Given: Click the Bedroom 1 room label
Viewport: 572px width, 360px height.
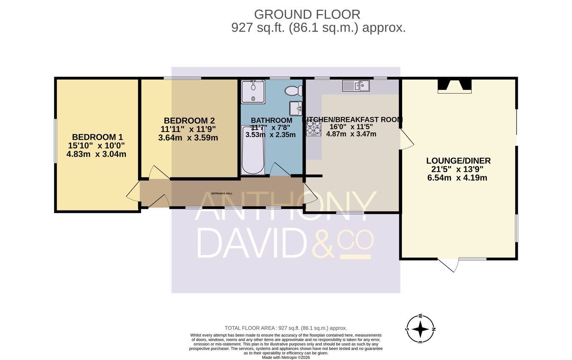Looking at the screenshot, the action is tap(97, 137).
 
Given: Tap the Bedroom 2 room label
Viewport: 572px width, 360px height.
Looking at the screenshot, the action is tap(189, 121).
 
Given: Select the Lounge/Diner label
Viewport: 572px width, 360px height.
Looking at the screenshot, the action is tap(458, 161).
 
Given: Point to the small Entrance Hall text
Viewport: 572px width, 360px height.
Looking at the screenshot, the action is tap(222, 194).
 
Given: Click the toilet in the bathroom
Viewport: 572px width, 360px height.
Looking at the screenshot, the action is tap(293, 91).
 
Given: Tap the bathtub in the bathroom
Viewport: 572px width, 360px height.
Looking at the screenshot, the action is tap(253, 150).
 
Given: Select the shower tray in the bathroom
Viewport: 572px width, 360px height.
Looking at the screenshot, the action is tap(253, 91).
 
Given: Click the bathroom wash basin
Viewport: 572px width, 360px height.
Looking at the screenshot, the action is tap(296, 108).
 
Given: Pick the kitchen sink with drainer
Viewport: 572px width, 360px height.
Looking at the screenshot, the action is tap(356, 86).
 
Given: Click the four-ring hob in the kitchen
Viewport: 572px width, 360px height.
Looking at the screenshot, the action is tap(314, 128).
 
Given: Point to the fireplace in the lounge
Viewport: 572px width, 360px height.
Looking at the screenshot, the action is tap(455, 86).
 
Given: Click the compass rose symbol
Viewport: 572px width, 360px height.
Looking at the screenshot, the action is tap(420, 329).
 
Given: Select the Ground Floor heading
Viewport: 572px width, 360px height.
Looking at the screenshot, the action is tap(307, 14).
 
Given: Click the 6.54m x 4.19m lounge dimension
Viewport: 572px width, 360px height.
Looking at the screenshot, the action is tap(457, 178).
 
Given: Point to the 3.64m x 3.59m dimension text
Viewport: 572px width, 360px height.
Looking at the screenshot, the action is tap(188, 138).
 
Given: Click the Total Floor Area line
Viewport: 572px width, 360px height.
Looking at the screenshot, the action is tap(286, 328).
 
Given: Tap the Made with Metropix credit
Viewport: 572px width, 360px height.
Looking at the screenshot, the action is tap(286, 357).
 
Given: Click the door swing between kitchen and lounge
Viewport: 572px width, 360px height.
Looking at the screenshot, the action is tap(407, 139).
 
